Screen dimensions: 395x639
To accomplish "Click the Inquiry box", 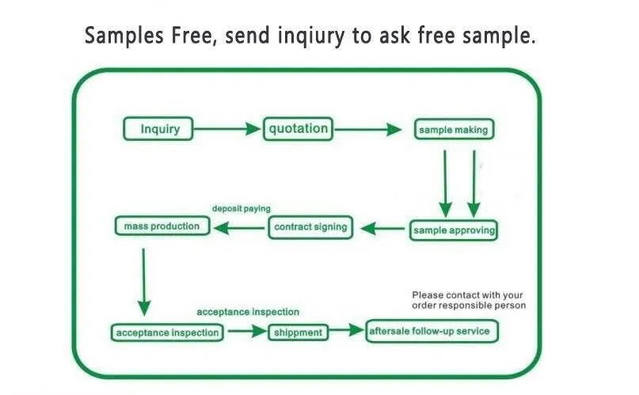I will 158,129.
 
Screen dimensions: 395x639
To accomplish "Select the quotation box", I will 298,129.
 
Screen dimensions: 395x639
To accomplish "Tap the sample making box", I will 454,129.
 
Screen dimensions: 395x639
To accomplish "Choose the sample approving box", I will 454,231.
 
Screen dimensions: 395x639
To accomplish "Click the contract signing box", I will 310,227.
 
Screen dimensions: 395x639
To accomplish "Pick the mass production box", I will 162,226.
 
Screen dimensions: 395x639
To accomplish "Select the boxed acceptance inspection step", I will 167,332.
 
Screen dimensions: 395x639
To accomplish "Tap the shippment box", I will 298,332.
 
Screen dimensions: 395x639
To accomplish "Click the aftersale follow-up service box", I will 432,331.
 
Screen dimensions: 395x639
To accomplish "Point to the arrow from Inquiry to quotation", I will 227,129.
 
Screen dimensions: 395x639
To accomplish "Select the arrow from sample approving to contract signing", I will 383,229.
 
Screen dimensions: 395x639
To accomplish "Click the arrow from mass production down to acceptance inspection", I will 143,282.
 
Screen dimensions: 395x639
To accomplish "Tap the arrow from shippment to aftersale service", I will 346,332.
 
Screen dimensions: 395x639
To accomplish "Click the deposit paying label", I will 241,209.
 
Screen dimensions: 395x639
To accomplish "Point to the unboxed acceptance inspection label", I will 248,313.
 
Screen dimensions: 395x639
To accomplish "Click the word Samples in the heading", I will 121,36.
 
